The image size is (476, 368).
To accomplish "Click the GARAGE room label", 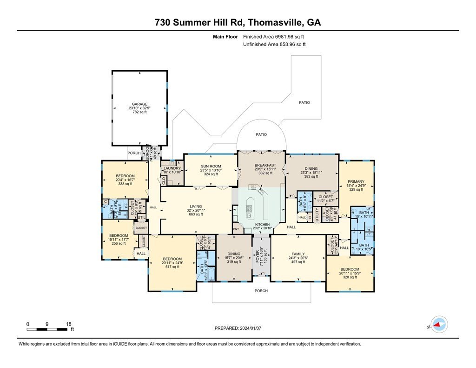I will (139, 104).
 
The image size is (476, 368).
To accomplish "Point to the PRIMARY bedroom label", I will (356, 182).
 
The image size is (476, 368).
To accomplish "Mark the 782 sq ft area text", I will (139, 112).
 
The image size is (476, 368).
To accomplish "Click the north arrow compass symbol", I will (439, 324).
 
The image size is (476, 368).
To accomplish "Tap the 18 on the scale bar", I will (68, 324).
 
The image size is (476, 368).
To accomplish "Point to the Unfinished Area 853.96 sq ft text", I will (274, 44).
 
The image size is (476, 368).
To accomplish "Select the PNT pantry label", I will (236, 229).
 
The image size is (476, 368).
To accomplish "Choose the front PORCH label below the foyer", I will (261, 291).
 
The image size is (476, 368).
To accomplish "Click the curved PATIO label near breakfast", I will (261, 134).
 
